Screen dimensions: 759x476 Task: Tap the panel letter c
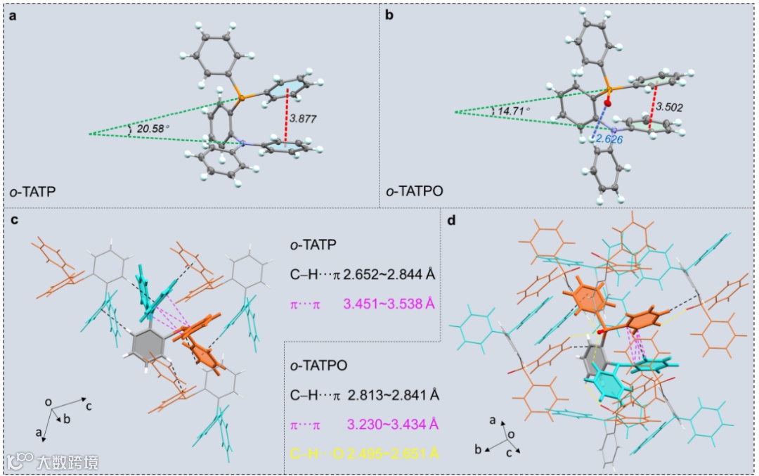[x=14, y=221]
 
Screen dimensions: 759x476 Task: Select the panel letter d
[x=452, y=221]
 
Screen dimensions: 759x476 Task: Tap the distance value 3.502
[x=669, y=107]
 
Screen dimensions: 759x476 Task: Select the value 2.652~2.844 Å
[x=387, y=274]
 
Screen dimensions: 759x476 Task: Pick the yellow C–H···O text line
[x=364, y=450]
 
